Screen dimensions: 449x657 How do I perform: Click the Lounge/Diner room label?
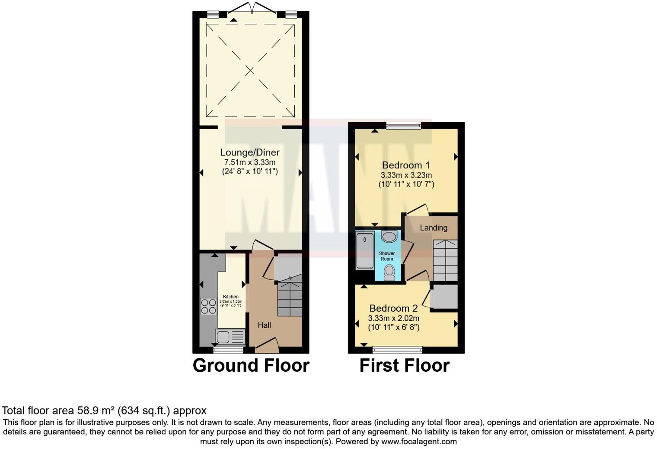pyautogui.click(x=249, y=152)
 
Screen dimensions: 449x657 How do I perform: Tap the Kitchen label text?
pyautogui.click(x=231, y=297)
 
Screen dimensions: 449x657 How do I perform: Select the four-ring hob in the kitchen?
pyautogui.click(x=208, y=306)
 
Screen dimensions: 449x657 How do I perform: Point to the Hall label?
pyautogui.click(x=264, y=325)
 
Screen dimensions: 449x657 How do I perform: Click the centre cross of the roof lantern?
pyautogui.click(x=250, y=71)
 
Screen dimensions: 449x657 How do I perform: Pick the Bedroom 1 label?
pyautogui.click(x=405, y=165)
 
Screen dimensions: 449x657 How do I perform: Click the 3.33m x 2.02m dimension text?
pyautogui.click(x=393, y=318)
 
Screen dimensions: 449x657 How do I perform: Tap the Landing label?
pyautogui.click(x=434, y=228)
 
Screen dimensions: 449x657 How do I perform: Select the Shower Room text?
pyautogui.click(x=387, y=256)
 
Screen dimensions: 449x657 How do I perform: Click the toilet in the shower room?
pyautogui.click(x=389, y=272)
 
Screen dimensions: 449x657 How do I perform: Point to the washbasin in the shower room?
pyautogui.click(x=389, y=237)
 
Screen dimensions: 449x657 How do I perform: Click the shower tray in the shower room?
pyautogui.click(x=365, y=251)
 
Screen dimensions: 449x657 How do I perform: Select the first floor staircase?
pyautogui.click(x=445, y=260)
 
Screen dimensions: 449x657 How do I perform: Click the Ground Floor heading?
pyautogui.click(x=251, y=365)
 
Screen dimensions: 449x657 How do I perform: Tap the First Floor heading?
pyautogui.click(x=404, y=365)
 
